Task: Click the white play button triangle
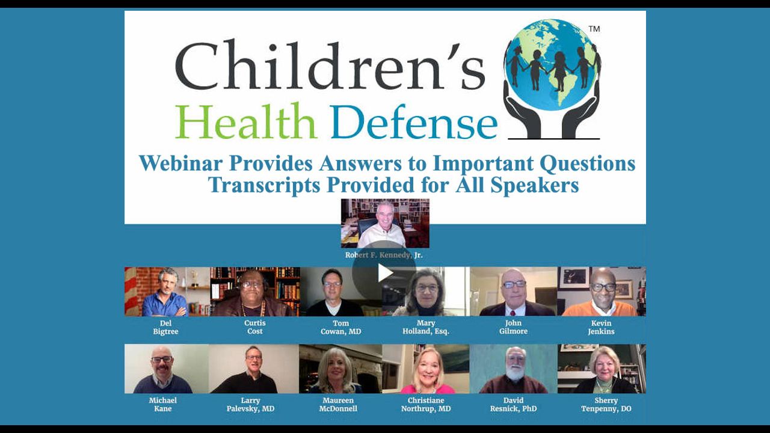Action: pyautogui.click(x=385, y=273)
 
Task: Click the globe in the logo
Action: pyautogui.click(x=551, y=64)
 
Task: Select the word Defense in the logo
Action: pyautogui.click(x=414, y=121)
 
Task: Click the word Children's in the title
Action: pyautogui.click(x=330, y=66)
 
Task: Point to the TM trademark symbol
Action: pyautogui.click(x=594, y=29)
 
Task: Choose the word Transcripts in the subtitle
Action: pyautogui.click(x=264, y=186)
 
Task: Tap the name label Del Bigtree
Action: pyautogui.click(x=165, y=327)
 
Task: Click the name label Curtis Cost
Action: pyautogui.click(x=254, y=327)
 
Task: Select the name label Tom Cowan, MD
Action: pyautogui.click(x=340, y=327)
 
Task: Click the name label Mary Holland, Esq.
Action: pyautogui.click(x=426, y=327)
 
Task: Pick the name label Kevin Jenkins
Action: pyautogui.click(x=601, y=327)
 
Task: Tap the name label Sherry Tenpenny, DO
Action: pyautogui.click(x=606, y=405)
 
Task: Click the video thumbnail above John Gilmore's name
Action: pyautogui.click(x=514, y=292)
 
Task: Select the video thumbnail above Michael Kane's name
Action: pyautogui.click(x=167, y=369)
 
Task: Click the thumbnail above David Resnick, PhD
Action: pyautogui.click(x=514, y=369)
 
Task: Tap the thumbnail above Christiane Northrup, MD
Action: pyautogui.click(x=426, y=369)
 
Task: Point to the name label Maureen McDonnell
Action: pyautogui.click(x=338, y=405)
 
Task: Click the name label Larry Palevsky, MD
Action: pyautogui.click(x=250, y=405)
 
